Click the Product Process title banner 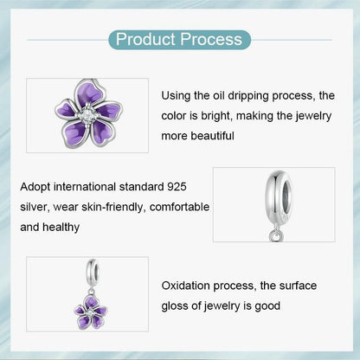(180, 40)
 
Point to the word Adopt (35, 187)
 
